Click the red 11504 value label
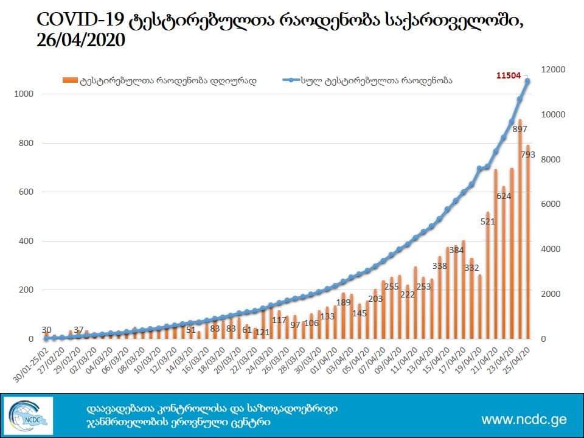pyautogui.click(x=509, y=75)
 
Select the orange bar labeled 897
pyautogui.click(x=520, y=231)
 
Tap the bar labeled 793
pyautogui.click(x=527, y=243)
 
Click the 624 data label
pyautogui.click(x=503, y=196)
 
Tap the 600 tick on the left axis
pyautogui.click(x=27, y=192)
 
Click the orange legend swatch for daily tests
pyautogui.click(x=70, y=80)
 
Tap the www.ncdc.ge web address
pyautogui.click(x=523, y=419)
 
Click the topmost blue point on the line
pyautogui.click(x=527, y=81)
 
